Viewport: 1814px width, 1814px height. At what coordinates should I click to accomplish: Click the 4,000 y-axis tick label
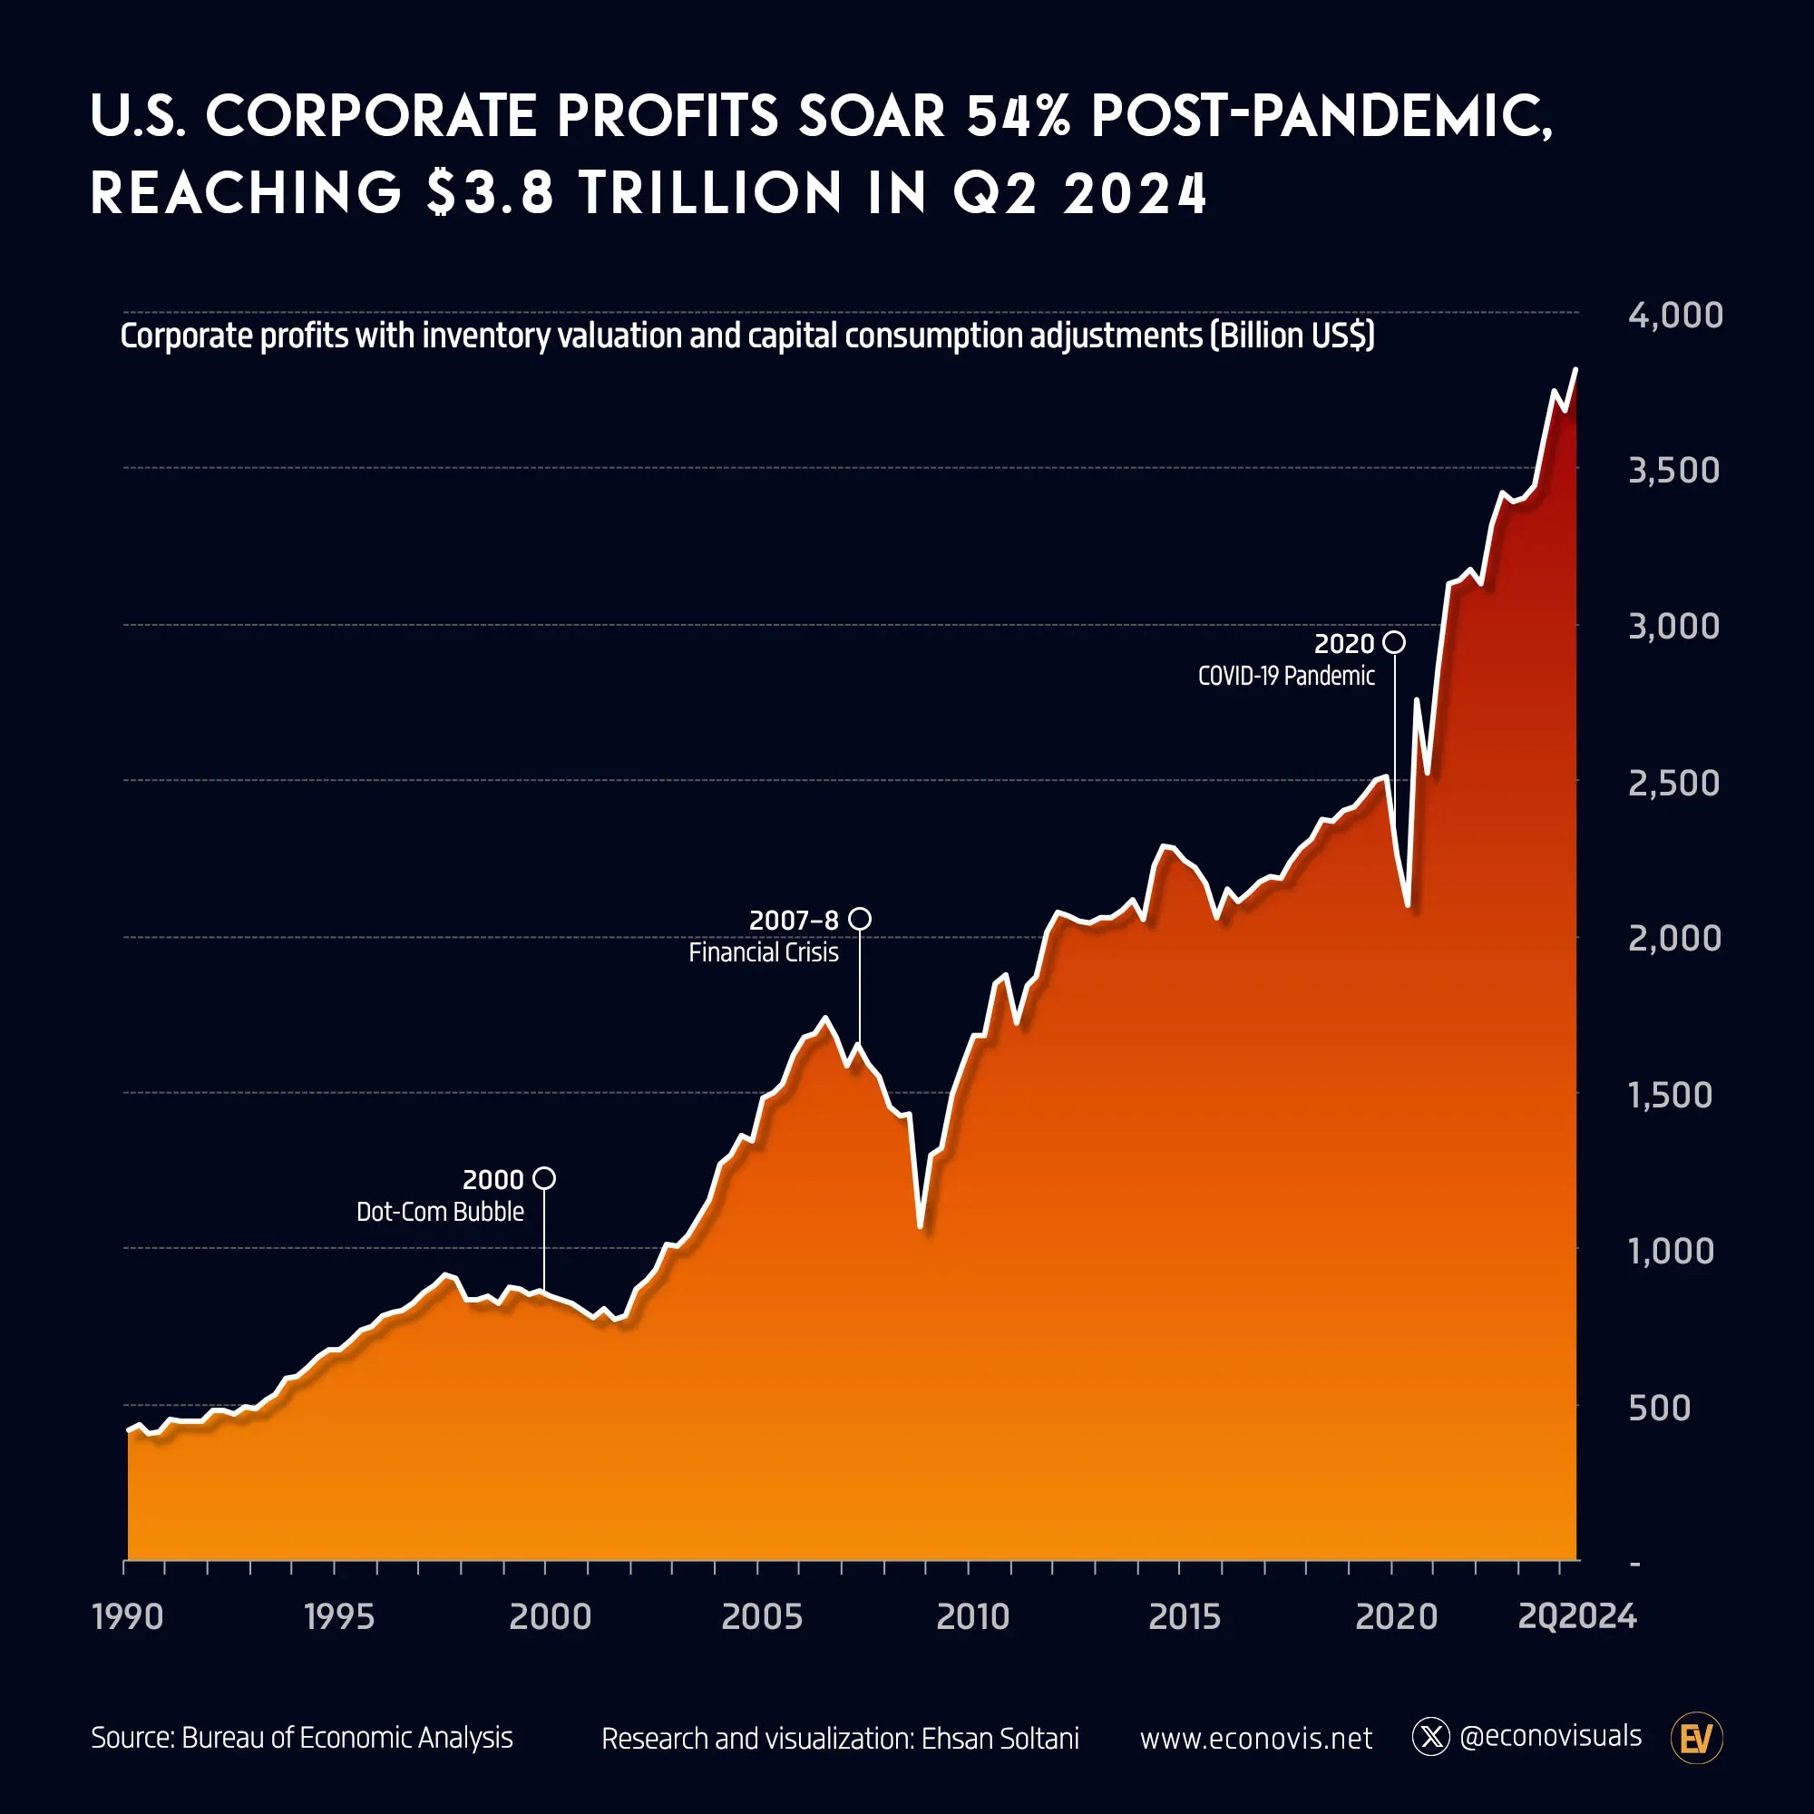coord(1675,316)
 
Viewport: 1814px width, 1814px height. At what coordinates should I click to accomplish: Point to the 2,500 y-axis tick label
coord(1673,782)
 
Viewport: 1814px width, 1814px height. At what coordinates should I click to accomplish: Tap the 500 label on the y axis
coord(1659,1408)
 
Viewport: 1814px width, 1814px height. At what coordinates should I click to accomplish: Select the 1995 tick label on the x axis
coord(339,1617)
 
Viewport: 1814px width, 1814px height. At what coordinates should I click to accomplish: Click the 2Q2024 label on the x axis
coord(1576,1617)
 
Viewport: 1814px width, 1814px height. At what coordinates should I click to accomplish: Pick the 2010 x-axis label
coord(972,1617)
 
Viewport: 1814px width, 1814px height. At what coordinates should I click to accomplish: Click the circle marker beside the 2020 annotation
coord(1394,642)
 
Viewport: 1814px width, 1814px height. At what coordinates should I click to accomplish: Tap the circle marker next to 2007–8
coord(859,918)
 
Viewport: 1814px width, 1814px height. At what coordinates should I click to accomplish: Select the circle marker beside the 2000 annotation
coord(544,1177)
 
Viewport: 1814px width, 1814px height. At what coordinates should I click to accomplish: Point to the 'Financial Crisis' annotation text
coord(764,952)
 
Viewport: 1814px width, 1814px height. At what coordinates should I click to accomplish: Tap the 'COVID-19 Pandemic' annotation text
coord(1285,676)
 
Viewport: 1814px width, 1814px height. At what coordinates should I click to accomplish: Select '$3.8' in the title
coord(490,192)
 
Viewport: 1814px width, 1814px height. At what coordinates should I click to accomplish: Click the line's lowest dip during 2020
coord(1408,905)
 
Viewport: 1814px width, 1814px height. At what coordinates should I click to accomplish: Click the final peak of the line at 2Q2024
coord(1576,369)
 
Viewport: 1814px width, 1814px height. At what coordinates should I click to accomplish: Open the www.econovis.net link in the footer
coord(1255,1738)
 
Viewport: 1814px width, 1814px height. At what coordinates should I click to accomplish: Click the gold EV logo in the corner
coord(1697,1738)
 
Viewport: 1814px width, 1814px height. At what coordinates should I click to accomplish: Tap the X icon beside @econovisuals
coord(1431,1737)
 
